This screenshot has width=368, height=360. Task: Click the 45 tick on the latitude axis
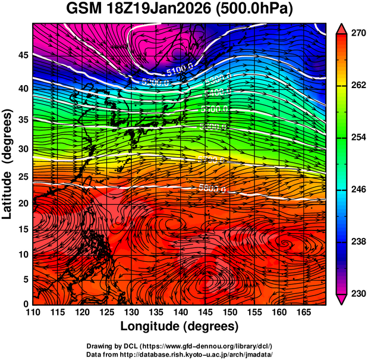(x=22, y=55)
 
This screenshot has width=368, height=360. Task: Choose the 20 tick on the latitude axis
(x=22, y=204)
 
